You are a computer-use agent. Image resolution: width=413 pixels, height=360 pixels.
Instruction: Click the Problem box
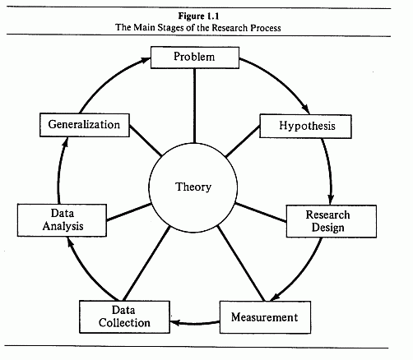195,58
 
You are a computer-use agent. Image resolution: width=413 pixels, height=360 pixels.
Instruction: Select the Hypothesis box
305,126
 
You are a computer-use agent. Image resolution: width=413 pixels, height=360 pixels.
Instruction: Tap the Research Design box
332,221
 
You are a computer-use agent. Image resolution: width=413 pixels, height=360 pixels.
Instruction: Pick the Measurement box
265,317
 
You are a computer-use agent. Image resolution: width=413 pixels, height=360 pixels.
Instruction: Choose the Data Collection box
124,316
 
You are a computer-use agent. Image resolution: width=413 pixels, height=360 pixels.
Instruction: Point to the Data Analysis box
62,220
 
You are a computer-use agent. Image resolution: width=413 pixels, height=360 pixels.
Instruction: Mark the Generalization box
85,125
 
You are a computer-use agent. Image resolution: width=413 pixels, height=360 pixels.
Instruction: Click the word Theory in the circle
193,187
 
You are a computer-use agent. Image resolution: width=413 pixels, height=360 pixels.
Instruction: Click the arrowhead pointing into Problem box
146,60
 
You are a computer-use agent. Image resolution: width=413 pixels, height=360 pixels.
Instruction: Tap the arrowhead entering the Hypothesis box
305,109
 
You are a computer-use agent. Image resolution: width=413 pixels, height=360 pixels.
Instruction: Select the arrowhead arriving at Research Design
331,199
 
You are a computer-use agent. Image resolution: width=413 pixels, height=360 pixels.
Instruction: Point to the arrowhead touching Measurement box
275,297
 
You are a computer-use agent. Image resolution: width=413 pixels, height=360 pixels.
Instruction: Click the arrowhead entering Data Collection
175,322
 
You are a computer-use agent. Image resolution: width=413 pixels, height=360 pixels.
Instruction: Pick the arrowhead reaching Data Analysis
70,242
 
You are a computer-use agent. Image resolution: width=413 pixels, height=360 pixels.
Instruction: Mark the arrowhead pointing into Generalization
65,142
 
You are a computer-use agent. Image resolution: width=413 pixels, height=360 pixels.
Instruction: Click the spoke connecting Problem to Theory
194,106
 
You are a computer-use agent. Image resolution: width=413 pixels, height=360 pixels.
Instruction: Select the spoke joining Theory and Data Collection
146,264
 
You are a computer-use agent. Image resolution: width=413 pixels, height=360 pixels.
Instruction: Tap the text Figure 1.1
199,16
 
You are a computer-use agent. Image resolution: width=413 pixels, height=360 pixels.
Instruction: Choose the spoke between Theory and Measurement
241,263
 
